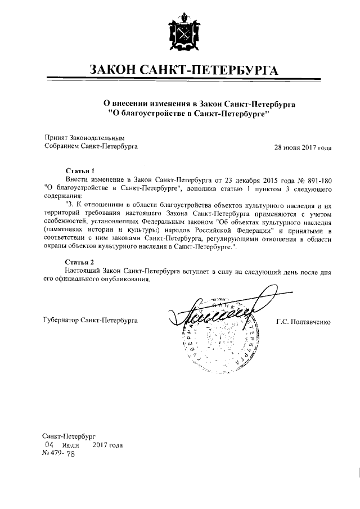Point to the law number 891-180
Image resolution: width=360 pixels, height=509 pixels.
[316, 178]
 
